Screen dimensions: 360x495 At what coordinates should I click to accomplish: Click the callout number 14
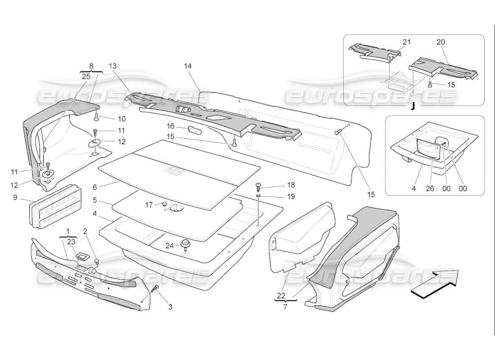pyautogui.click(x=188, y=66)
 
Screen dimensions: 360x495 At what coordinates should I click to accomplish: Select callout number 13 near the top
pyautogui.click(x=112, y=66)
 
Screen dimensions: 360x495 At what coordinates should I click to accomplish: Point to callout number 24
pyautogui.click(x=169, y=246)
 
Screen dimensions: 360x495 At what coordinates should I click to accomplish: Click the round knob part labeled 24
pyautogui.click(x=185, y=244)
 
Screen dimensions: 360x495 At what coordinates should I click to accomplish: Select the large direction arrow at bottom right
pyautogui.click(x=434, y=284)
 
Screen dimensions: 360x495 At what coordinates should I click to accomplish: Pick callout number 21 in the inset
pyautogui.click(x=407, y=42)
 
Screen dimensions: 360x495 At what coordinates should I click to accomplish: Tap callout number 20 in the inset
pyautogui.click(x=441, y=42)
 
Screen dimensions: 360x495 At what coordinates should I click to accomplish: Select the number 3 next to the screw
pyautogui.click(x=170, y=307)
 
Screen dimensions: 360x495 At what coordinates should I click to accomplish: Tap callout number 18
pyautogui.click(x=279, y=185)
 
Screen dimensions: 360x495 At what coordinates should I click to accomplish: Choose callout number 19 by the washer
pyautogui.click(x=279, y=196)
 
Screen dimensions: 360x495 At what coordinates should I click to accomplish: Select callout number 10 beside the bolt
pyautogui.click(x=122, y=119)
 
